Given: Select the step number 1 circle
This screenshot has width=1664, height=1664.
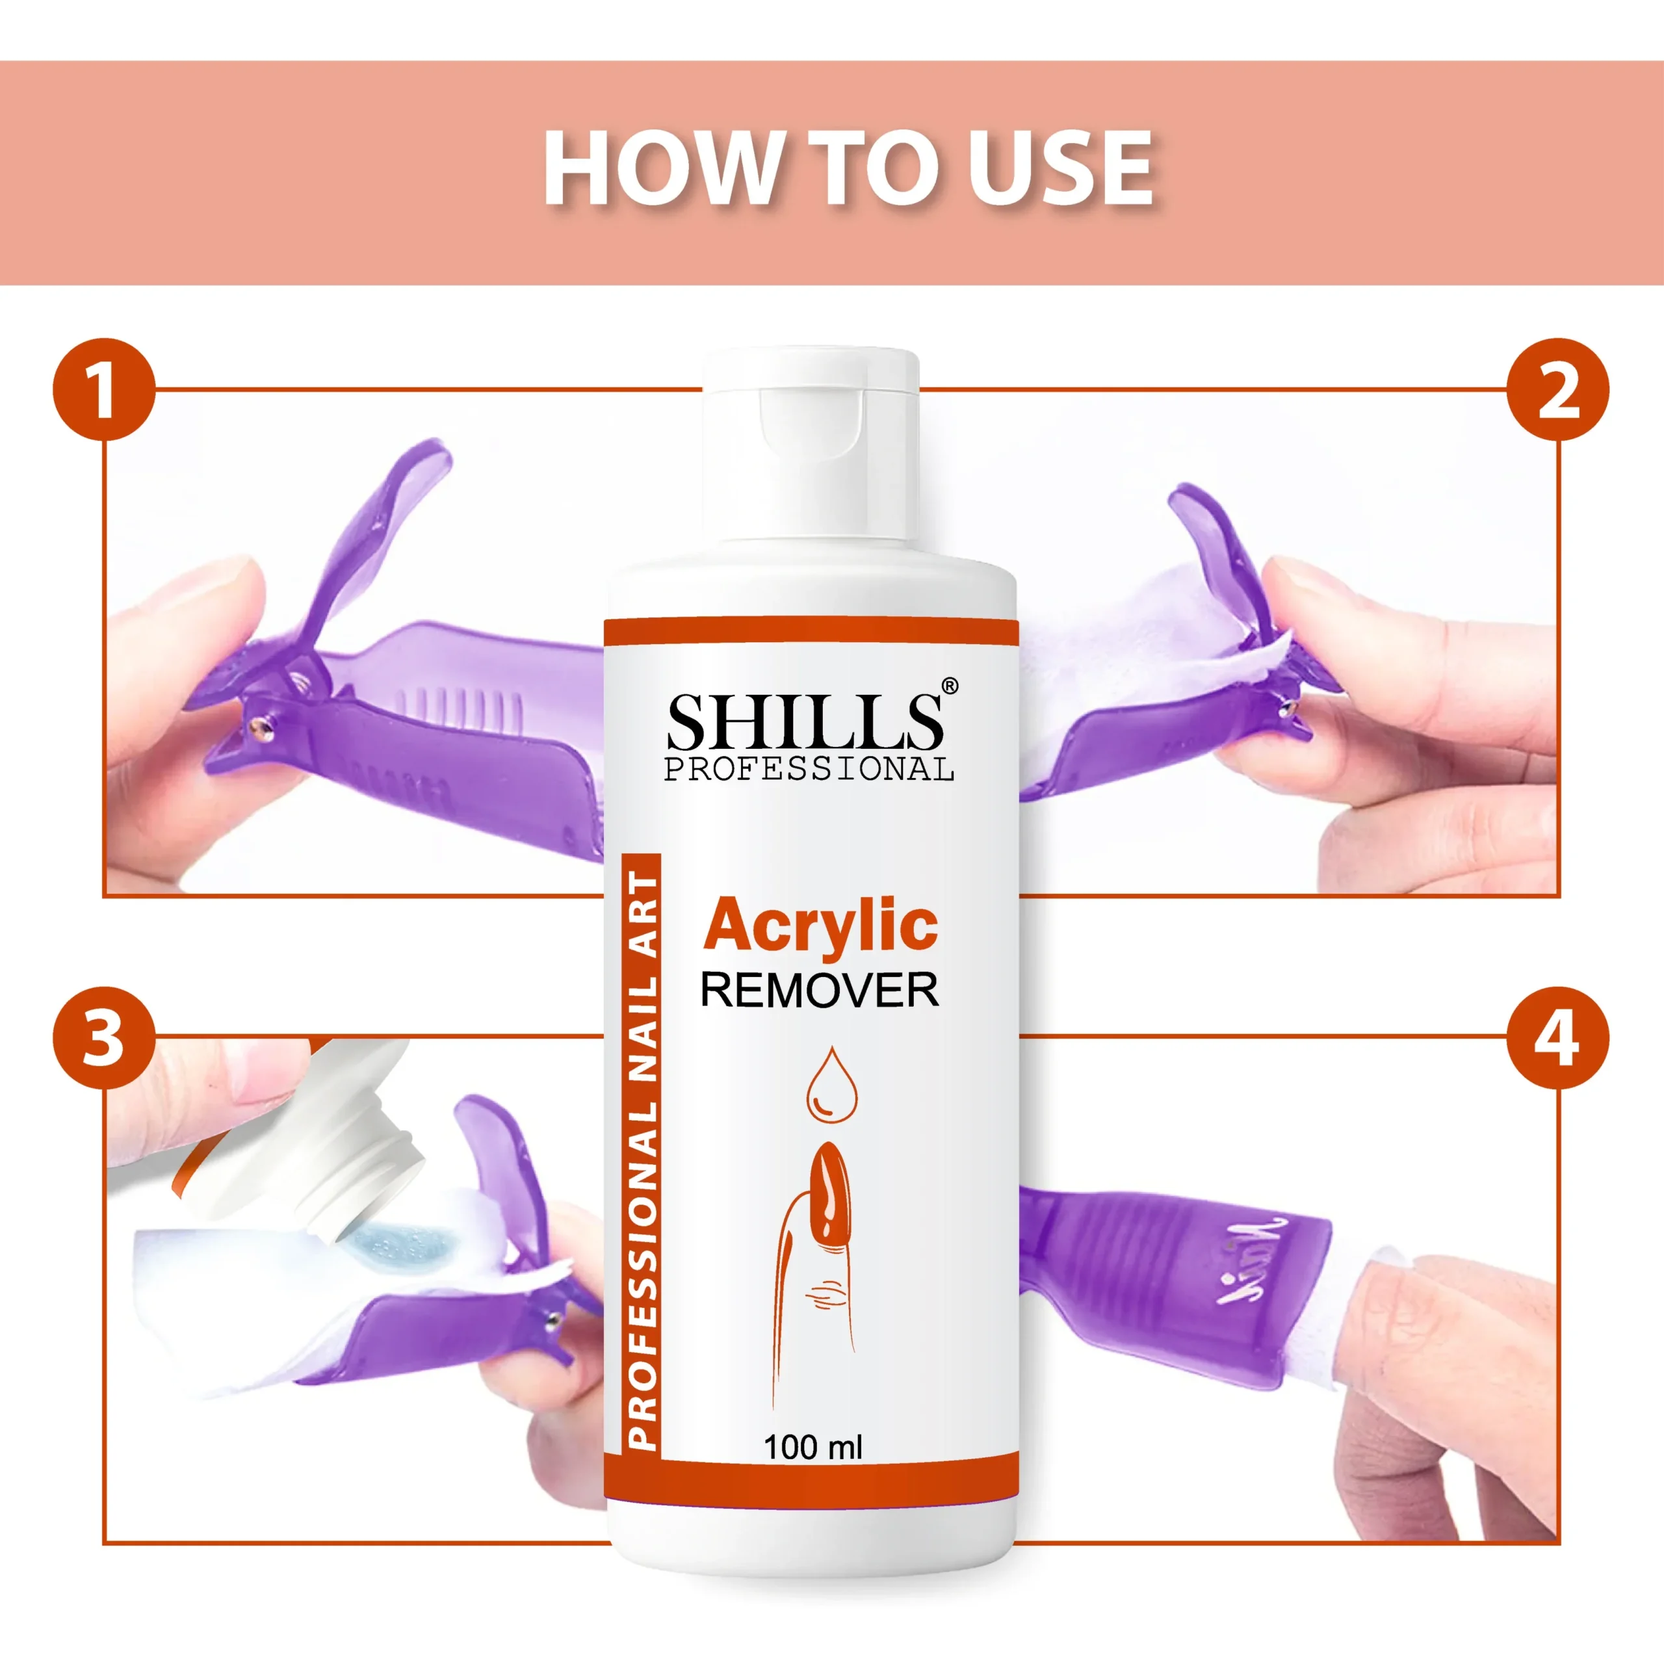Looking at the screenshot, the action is coord(104,389).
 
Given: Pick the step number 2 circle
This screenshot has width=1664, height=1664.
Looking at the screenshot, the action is coord(1558,389).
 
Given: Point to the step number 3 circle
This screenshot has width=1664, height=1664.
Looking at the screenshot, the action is coord(104,1037).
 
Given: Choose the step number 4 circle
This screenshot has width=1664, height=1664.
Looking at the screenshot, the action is coord(1558,1037).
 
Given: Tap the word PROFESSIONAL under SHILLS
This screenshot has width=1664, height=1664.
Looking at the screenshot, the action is coord(809,768).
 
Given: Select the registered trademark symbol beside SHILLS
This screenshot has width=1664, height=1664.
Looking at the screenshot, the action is coord(948,686).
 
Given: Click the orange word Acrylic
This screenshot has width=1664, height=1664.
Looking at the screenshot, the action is coord(820,926).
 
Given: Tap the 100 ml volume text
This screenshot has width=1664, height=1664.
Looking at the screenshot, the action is coord(812,1447).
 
